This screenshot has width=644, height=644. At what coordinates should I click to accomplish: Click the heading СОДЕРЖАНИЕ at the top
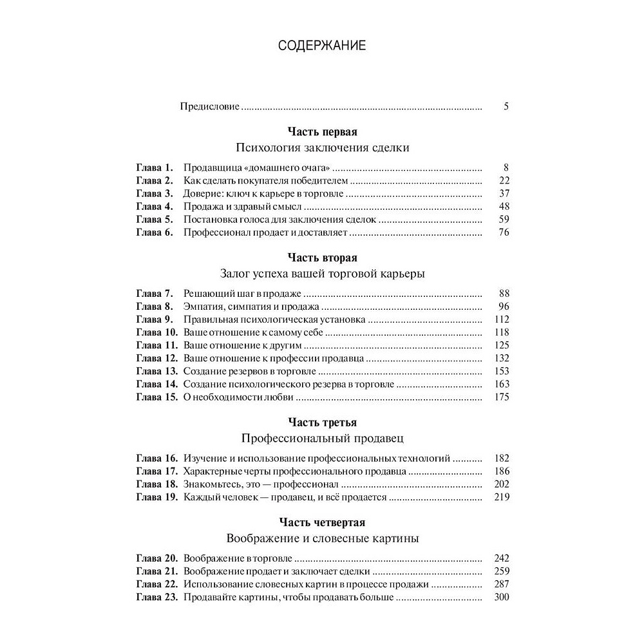pyautogui.click(x=322, y=46)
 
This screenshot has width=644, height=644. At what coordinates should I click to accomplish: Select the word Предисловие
pyautogui.click(x=209, y=107)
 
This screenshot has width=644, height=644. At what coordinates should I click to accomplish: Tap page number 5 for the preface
pyautogui.click(x=506, y=107)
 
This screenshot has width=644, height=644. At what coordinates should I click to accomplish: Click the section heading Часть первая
pyautogui.click(x=322, y=133)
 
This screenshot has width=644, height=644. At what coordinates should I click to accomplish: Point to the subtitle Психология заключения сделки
pyautogui.click(x=322, y=147)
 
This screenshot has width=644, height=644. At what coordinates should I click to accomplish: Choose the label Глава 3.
pyautogui.click(x=154, y=193)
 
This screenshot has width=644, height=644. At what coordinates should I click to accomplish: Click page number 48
pyautogui.click(x=504, y=206)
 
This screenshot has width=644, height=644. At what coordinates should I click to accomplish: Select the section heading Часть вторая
pyautogui.click(x=322, y=258)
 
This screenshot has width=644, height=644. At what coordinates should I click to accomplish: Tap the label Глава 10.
pyautogui.click(x=156, y=332)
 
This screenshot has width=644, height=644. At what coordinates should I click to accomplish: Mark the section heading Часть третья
pyautogui.click(x=322, y=422)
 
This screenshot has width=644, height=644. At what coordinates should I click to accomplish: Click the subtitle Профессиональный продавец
pyautogui.click(x=322, y=438)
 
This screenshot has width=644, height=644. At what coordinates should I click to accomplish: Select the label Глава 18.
pyautogui.click(x=156, y=484)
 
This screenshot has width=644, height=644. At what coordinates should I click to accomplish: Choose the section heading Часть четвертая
pyautogui.click(x=322, y=522)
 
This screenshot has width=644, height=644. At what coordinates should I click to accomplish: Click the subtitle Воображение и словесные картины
pyautogui.click(x=322, y=538)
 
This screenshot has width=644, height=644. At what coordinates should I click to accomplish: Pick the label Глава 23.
pyautogui.click(x=156, y=597)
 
